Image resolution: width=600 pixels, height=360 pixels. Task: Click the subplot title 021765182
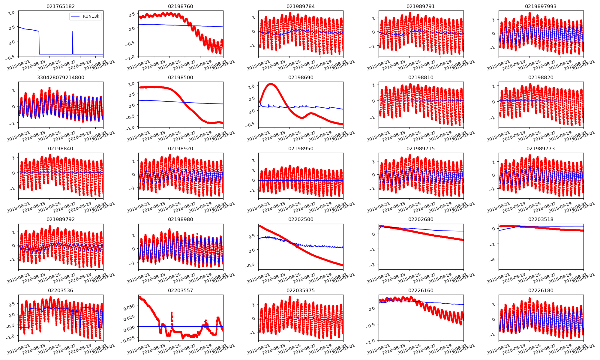pos(61,6)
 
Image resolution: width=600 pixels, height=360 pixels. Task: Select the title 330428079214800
pos(61,77)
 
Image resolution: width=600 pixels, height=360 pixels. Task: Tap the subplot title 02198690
pos(301,77)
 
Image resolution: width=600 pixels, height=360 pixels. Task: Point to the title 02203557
pos(181,290)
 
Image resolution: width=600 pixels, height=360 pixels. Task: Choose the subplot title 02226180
pos(541,290)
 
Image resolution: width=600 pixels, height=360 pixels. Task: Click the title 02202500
pos(301,219)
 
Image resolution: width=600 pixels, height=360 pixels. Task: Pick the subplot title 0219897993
pos(541,6)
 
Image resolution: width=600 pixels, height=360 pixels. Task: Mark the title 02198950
pos(301,148)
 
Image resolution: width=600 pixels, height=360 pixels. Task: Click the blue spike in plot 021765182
pos(73,32)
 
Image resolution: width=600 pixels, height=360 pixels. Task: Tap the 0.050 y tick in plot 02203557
pos(129,306)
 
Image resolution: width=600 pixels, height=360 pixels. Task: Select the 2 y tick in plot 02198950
pos(253,160)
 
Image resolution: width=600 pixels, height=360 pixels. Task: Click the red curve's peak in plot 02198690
pos(271,84)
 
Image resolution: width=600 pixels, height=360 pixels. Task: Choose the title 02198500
pos(181,77)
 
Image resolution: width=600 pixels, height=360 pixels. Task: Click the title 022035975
pos(301,290)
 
